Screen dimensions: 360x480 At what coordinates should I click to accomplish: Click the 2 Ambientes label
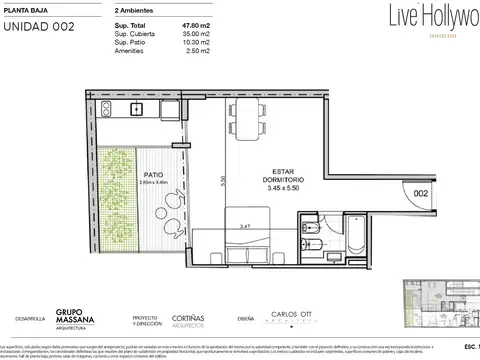pos(137,7)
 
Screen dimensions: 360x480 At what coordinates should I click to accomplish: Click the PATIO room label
pos(153,172)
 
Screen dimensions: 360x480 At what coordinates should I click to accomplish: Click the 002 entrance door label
pos(422,193)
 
